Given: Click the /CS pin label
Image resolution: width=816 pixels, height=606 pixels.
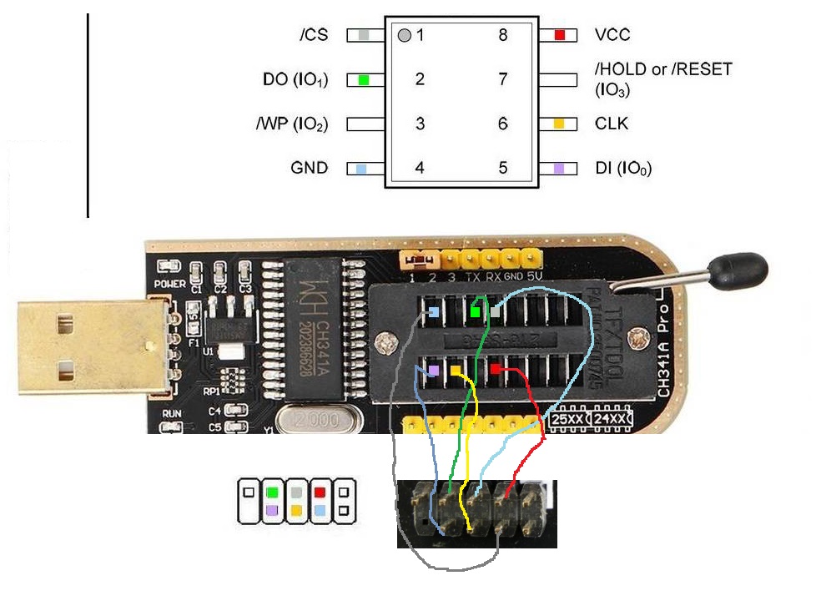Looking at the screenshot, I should pos(314,35).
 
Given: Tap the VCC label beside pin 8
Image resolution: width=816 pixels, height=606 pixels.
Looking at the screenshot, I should pos(612,35).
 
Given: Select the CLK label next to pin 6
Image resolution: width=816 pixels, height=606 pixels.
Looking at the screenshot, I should pos(611,124).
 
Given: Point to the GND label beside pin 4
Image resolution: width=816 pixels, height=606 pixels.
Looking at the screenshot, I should pos(309,168).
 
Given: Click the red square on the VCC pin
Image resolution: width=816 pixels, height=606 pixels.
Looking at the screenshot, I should pos(560,35).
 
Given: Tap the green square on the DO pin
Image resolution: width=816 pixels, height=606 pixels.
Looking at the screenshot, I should pos(364,80).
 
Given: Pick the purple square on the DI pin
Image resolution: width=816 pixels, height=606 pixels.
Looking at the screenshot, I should pos(560,168).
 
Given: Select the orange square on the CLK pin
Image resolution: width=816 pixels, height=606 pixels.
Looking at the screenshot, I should pos(560,124).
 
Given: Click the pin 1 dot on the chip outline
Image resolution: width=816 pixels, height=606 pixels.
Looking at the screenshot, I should pos(405,36).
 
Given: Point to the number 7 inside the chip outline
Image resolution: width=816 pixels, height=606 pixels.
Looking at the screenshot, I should pos(503,79).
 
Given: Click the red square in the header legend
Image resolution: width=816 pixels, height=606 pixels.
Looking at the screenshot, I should pos(320,492).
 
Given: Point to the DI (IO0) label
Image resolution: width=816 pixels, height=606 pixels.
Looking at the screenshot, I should pos(622,169).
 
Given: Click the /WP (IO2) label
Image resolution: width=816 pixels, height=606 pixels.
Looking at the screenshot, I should pos(292,124).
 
